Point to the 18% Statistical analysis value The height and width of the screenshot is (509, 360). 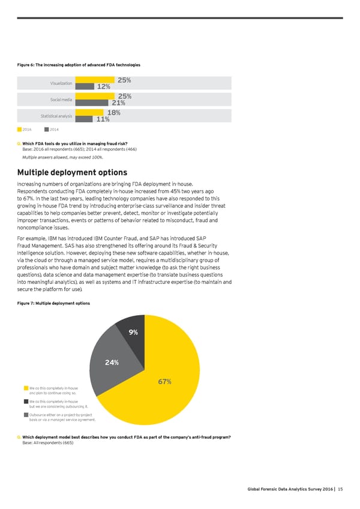click(x=114, y=112)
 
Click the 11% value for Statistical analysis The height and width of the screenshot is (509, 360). click(x=102, y=119)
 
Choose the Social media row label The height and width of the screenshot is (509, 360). click(x=61, y=100)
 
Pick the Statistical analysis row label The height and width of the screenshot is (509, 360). click(x=56, y=116)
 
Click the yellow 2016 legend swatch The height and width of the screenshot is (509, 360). click(x=20, y=128)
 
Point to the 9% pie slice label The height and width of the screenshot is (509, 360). click(x=133, y=332)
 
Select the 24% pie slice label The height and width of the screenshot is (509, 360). click(x=112, y=362)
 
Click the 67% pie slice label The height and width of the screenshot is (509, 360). click(x=166, y=382)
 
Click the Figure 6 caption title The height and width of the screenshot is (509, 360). click(x=80, y=65)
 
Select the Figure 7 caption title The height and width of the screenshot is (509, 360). click(x=55, y=303)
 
